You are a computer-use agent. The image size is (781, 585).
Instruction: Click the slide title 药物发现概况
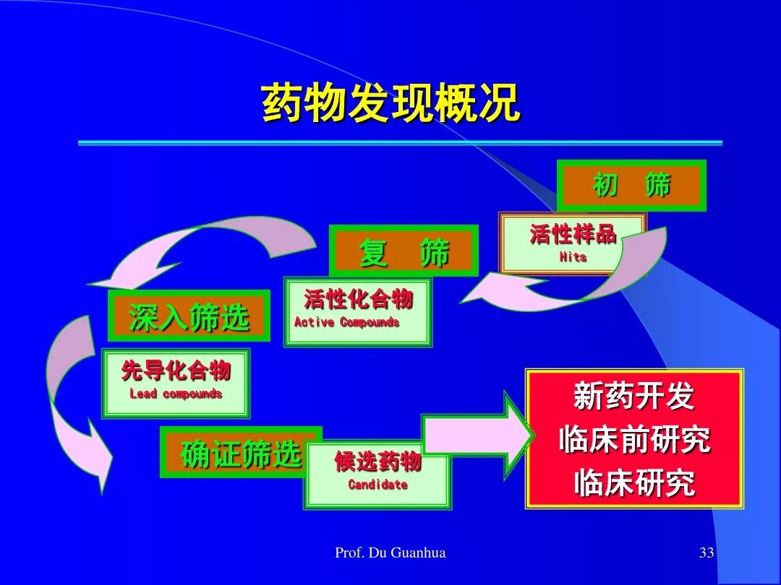coord(391,103)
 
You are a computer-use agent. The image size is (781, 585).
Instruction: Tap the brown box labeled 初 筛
coord(631,186)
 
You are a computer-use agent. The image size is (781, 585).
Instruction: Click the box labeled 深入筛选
coord(189,316)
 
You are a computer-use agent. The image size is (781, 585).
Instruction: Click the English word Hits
coord(573,257)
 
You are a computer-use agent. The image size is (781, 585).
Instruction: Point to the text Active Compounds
coord(346,322)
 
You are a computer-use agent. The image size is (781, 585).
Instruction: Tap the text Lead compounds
coord(175,394)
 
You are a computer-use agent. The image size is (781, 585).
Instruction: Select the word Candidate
coord(377,485)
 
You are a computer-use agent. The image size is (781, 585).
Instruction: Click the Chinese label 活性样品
coord(573,234)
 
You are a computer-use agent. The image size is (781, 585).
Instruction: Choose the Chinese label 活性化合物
coord(359,299)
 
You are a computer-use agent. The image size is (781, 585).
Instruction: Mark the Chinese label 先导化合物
coord(176,370)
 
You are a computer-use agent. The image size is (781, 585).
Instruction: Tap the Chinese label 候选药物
coord(377,461)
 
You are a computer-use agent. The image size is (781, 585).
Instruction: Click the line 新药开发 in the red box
coord(634,396)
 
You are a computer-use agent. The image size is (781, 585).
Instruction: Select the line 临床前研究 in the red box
coord(634,440)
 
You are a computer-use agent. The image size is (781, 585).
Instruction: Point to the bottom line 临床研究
coord(634,482)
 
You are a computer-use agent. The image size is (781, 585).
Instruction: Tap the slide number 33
coord(707,552)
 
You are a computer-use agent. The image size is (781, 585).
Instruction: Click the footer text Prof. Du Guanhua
coord(390,552)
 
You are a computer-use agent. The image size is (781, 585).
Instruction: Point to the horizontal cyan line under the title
coord(400,143)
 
